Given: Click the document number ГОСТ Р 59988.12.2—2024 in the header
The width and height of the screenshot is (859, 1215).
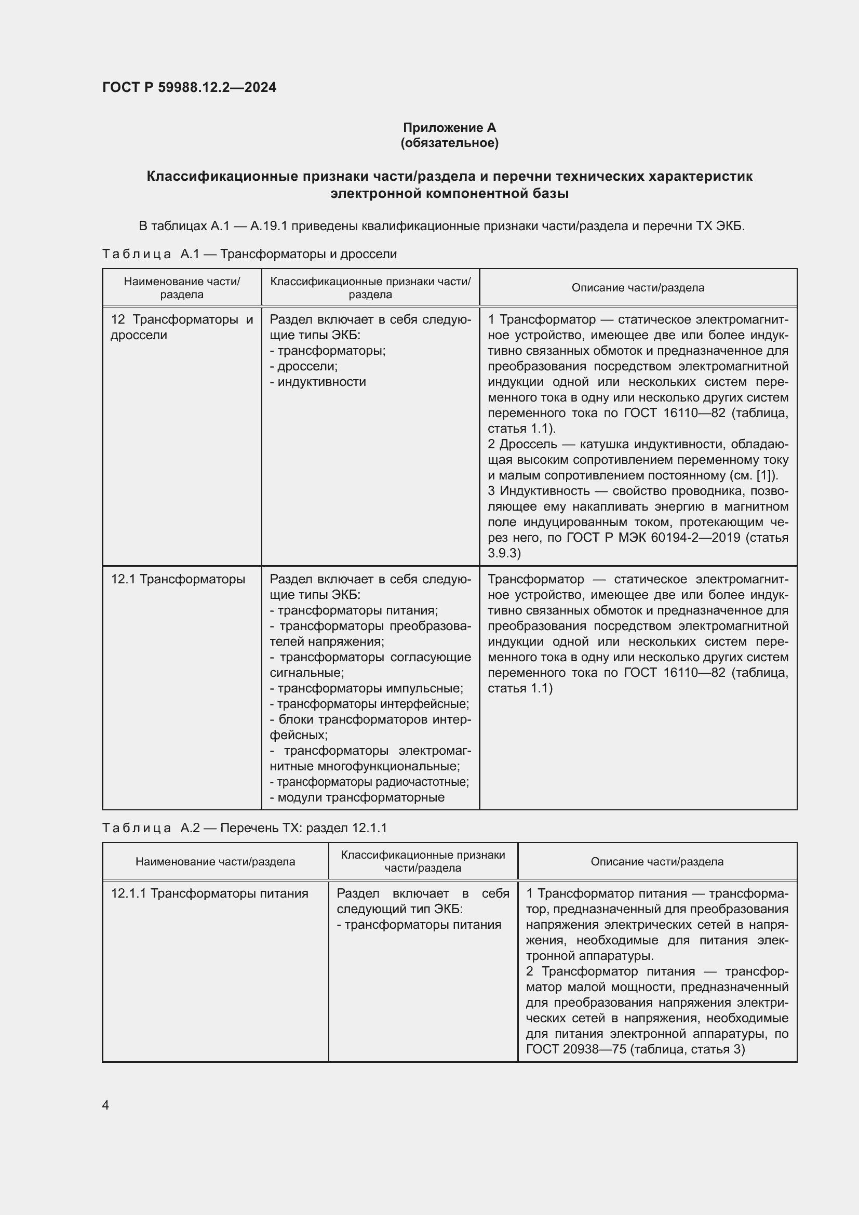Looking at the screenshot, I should (x=189, y=87).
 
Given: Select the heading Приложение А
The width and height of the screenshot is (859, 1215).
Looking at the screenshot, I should (x=449, y=128).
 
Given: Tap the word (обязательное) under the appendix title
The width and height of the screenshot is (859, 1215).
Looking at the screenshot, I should (x=449, y=143).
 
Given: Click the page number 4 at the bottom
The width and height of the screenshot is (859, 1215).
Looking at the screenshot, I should (x=105, y=1105).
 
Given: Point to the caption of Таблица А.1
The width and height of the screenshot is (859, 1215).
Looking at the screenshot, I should (x=249, y=254).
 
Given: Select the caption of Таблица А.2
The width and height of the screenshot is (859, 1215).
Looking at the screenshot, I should (x=245, y=827).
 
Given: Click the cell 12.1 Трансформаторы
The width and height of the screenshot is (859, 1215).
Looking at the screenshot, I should (x=178, y=580).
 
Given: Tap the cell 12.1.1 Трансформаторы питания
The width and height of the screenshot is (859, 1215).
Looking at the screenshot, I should (x=209, y=894).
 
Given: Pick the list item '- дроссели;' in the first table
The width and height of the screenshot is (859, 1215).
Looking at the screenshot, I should (x=304, y=366).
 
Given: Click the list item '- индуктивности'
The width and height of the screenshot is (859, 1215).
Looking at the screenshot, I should (x=317, y=382).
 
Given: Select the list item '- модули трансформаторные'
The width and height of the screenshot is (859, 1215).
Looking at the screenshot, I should (x=357, y=797).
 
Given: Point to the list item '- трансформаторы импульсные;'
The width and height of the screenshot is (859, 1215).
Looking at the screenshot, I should (x=366, y=688).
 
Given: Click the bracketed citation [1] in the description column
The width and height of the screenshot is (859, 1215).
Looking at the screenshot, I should (x=765, y=475).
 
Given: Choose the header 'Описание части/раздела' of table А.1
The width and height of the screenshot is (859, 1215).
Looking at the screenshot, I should (x=637, y=288).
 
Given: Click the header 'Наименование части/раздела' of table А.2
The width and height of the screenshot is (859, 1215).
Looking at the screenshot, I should (x=216, y=861).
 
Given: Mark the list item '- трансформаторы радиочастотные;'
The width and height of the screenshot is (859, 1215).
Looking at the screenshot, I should (x=369, y=782).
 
